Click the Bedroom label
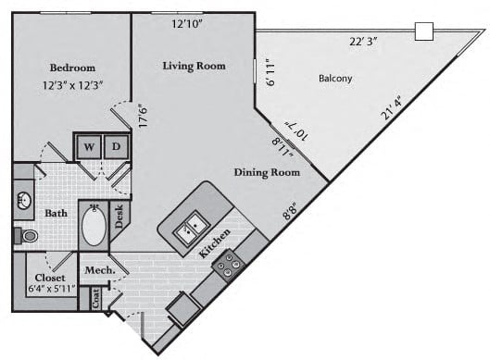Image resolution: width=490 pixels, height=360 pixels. (72, 68)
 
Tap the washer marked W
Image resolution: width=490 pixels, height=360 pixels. (89, 147)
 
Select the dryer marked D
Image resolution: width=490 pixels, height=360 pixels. (117, 146)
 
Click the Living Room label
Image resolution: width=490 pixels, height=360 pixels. (195, 66)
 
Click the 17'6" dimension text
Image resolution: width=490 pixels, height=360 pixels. (143, 116)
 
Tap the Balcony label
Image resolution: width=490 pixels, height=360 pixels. (335, 78)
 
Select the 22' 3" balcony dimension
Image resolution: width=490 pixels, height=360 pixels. (363, 42)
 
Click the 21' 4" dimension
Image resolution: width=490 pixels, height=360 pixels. (391, 107)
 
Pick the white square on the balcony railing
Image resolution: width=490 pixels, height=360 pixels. (424, 31)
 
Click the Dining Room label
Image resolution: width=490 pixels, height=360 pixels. (267, 173)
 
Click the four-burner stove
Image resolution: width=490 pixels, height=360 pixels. (229, 266)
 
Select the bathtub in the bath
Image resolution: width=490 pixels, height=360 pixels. (94, 225)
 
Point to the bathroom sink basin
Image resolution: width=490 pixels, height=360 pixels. (24, 201)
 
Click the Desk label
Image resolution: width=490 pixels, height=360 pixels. (119, 216)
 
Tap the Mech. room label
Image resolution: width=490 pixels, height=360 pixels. (100, 270)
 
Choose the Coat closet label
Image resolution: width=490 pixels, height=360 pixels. (95, 298)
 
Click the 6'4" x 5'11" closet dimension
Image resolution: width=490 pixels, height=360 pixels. (52, 289)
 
